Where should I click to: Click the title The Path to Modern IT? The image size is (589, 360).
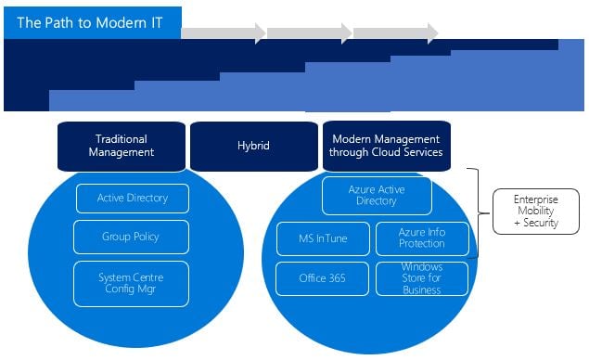90,22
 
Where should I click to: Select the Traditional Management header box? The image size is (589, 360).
122,146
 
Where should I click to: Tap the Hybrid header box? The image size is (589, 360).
253,146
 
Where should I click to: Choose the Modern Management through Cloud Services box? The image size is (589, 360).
386,146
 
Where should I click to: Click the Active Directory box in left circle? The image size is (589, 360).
132,198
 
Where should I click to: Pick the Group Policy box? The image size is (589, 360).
131,237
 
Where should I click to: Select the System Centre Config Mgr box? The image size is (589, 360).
131,284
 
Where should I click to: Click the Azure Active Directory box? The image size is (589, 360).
377,195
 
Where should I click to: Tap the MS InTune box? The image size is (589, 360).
323,238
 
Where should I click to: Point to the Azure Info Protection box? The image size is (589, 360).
423,238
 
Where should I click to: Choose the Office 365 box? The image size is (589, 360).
323,278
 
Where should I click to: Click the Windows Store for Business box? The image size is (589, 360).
423,278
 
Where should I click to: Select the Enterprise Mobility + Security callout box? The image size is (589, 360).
535,212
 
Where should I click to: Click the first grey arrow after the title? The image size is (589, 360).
222,33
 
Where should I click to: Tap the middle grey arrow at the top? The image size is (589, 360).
308,33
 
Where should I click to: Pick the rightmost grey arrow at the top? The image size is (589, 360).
395,33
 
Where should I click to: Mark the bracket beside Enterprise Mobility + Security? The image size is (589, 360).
476,213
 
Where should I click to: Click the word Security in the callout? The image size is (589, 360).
539,224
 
